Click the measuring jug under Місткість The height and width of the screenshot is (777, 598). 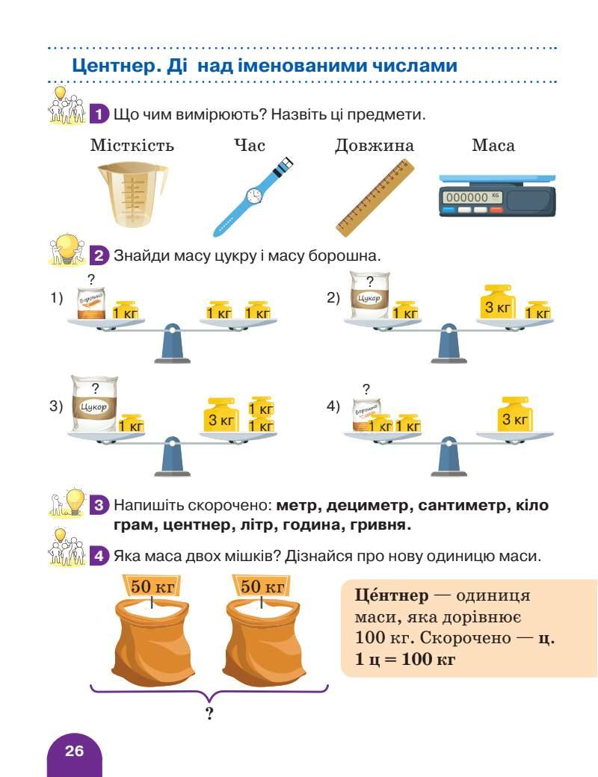(x=132, y=194)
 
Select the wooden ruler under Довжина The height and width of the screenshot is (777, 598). (x=374, y=196)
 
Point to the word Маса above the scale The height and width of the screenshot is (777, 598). (x=493, y=145)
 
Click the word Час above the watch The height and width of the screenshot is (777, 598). (x=250, y=145)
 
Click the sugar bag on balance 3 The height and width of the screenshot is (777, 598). (x=95, y=404)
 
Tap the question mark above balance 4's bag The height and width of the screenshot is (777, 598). (x=366, y=388)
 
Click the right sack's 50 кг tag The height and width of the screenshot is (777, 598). (x=262, y=586)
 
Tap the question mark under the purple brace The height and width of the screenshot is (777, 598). (x=209, y=714)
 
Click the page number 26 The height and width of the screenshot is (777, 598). (x=74, y=751)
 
